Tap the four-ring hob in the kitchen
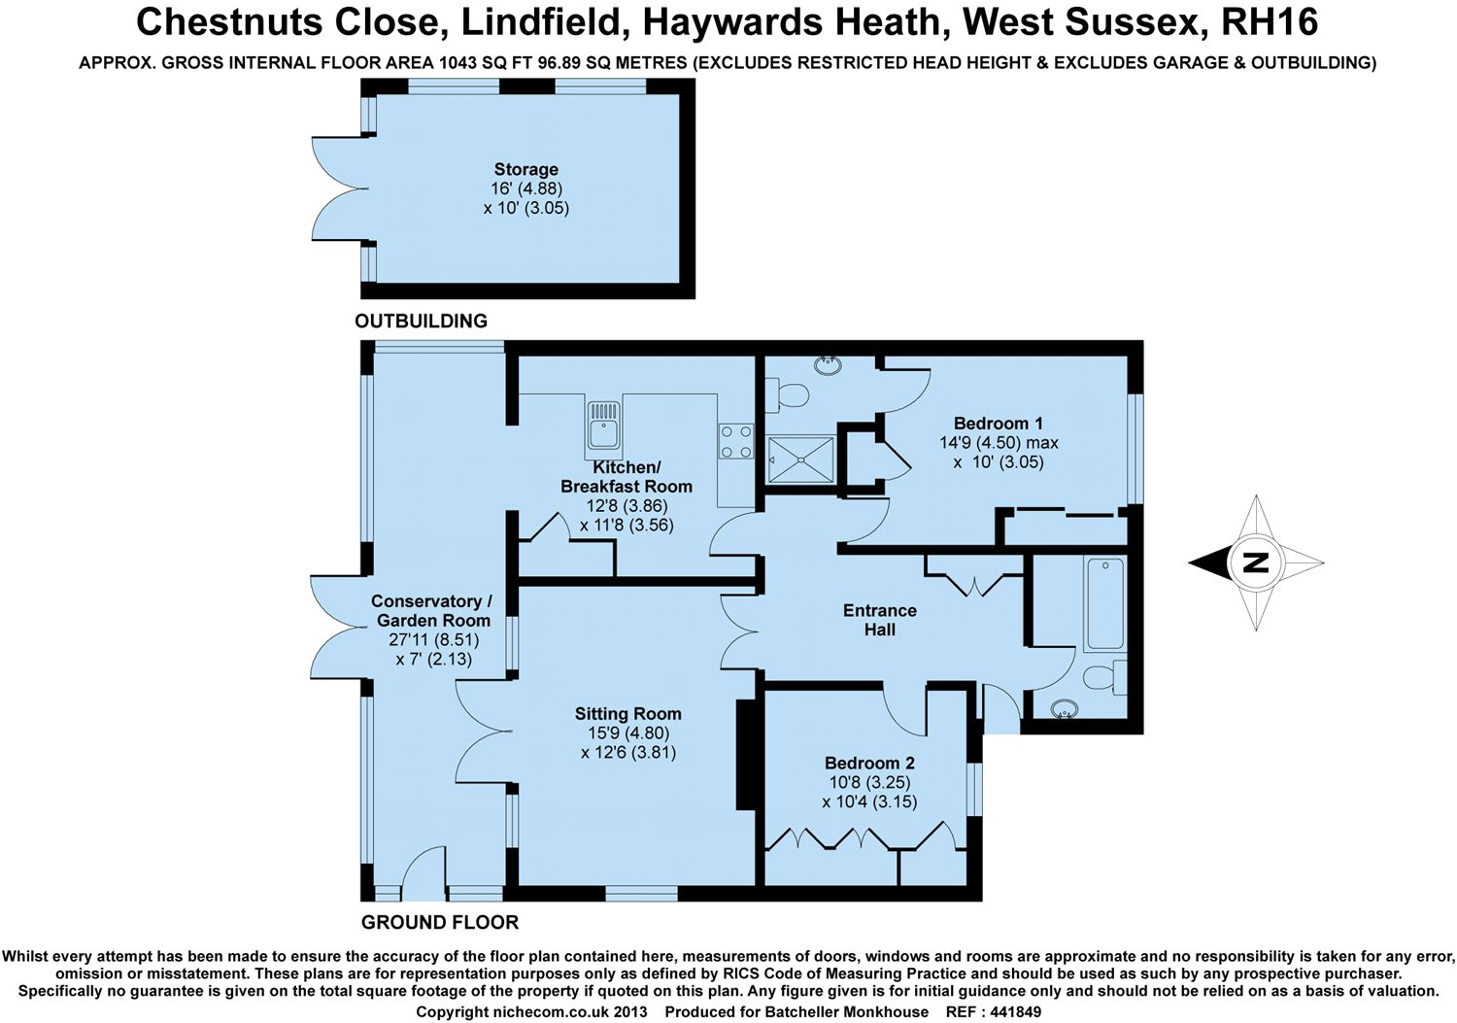[735, 441]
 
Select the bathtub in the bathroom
[1104, 603]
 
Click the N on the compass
[1256, 563]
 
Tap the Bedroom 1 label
[998, 424]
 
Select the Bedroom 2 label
[869, 764]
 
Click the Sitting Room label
[627, 714]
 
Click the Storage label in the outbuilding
[525, 169]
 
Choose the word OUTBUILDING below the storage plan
[421, 322]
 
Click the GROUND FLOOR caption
[440, 922]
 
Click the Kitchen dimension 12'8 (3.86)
[627, 506]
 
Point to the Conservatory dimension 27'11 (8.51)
[433, 640]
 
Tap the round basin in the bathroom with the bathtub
[1066, 709]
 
